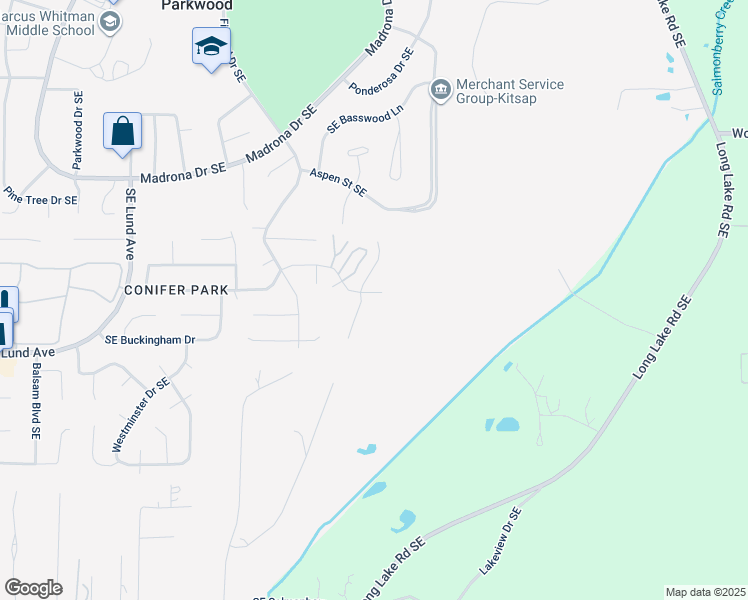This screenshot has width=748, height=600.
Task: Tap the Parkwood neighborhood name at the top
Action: [x=196, y=5]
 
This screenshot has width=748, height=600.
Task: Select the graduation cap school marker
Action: [x=211, y=47]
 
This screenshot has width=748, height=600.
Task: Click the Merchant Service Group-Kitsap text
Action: [x=509, y=92]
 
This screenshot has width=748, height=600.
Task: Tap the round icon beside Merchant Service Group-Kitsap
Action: [x=440, y=92]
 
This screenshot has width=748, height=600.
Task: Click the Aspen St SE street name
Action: [x=337, y=182]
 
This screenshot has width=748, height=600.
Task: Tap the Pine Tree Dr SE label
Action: [x=40, y=199]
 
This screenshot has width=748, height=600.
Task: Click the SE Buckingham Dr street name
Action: [x=150, y=340]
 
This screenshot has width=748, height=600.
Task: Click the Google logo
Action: [x=33, y=588]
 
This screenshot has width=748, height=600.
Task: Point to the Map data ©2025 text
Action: [x=705, y=592]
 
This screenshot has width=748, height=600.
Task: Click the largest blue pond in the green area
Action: [x=507, y=424]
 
